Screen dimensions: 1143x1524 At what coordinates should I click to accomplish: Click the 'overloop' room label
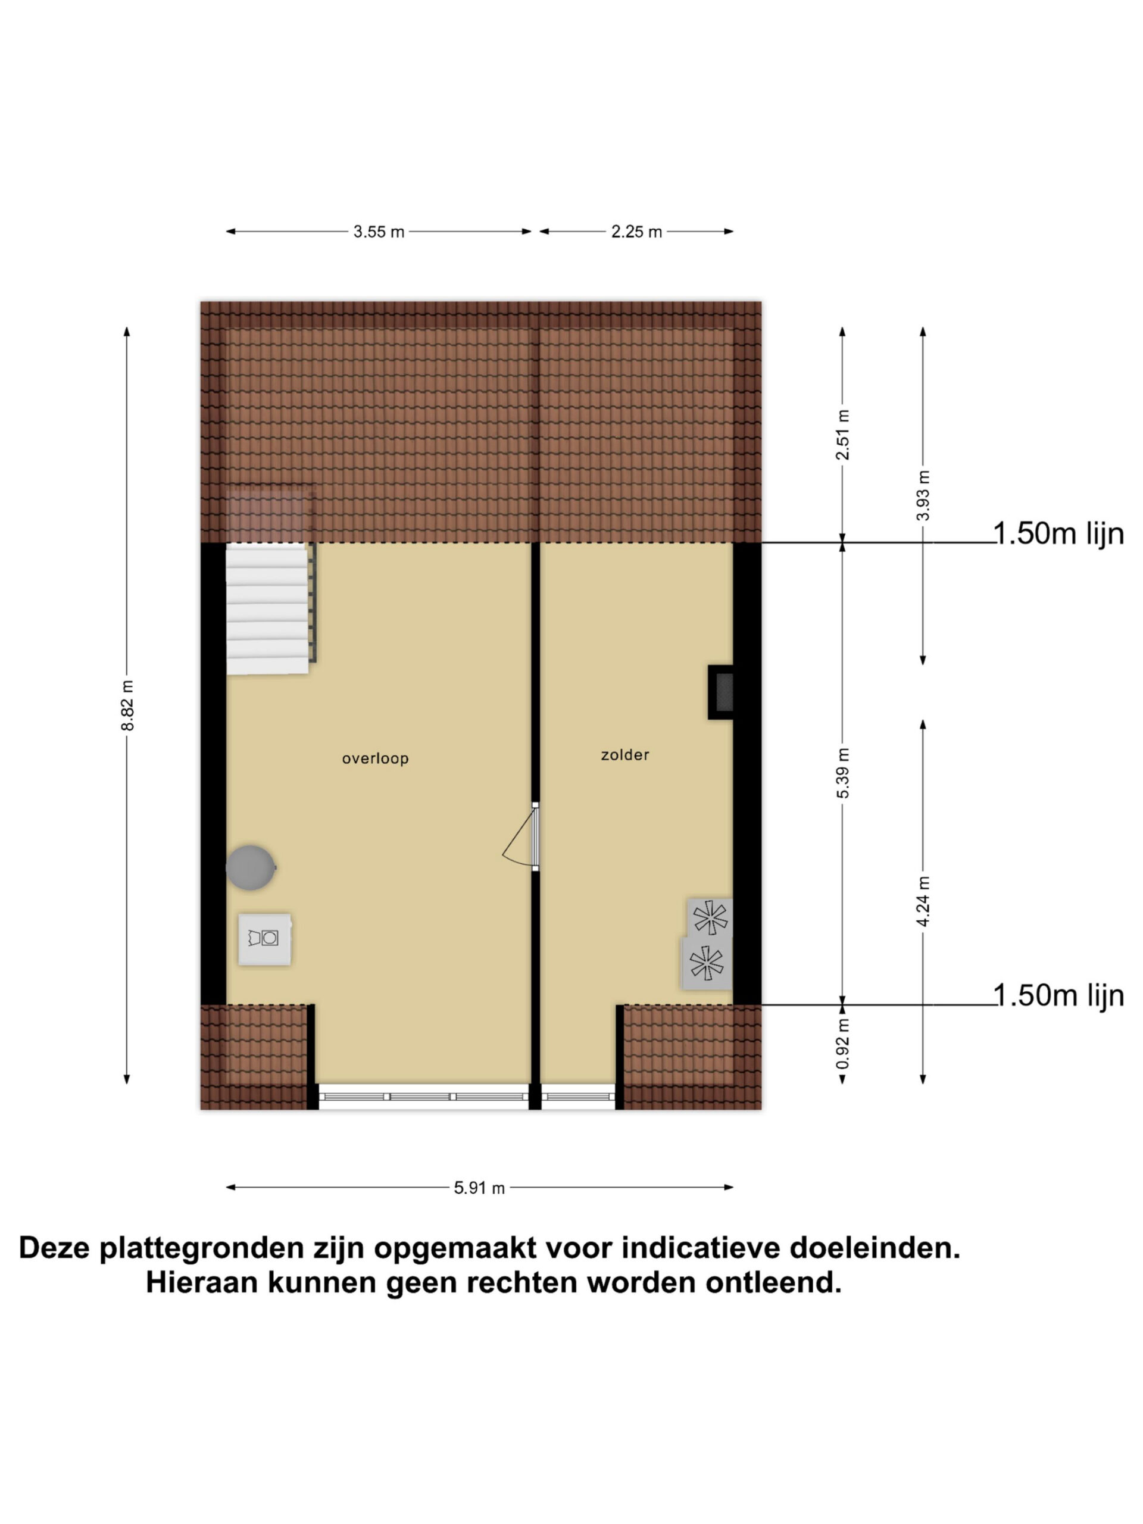point(375,758)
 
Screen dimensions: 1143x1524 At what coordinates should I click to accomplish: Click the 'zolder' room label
point(625,754)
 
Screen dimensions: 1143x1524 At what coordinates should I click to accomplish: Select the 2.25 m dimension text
point(636,232)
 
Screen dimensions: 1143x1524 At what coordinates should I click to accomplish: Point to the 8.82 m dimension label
point(127,705)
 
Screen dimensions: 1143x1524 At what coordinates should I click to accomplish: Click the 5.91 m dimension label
point(479,1187)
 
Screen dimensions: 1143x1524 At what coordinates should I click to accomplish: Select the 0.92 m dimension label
point(842,1043)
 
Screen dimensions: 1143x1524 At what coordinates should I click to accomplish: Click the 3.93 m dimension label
point(923,495)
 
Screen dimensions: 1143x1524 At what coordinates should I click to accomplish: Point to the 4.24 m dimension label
point(923,901)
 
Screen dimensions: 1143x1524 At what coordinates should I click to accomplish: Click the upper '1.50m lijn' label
point(1058,534)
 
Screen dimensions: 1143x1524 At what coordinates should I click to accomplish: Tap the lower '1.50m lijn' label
point(1058,995)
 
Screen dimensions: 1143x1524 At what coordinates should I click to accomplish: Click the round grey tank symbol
point(251,867)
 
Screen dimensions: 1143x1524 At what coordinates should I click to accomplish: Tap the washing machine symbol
point(264,939)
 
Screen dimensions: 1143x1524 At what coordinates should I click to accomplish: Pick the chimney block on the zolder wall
point(721,692)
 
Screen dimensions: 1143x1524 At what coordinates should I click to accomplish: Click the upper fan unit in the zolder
point(710,917)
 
